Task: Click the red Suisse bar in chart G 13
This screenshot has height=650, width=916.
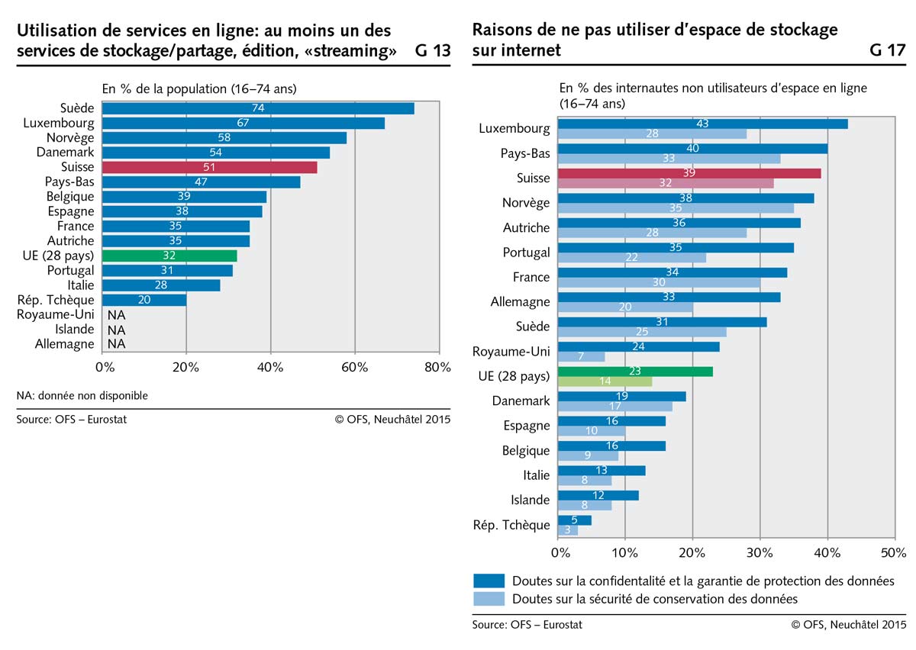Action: click(209, 167)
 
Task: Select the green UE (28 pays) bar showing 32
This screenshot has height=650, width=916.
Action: click(169, 256)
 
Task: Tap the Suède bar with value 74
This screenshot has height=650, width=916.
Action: click(258, 108)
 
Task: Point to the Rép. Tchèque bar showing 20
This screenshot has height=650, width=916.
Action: click(144, 300)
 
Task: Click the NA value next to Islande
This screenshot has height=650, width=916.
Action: click(116, 330)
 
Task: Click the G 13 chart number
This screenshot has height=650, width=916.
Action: click(433, 52)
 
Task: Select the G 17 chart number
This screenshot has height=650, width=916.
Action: click(887, 52)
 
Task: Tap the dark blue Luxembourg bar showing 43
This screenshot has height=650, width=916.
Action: click(702, 124)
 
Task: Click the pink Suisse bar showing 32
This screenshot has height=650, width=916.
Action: click(665, 183)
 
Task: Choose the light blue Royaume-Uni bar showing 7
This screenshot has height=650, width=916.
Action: click(582, 357)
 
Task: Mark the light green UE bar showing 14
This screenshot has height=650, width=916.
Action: click(605, 381)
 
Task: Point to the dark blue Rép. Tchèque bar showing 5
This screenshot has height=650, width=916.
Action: click(575, 520)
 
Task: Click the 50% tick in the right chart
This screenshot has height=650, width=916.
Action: click(893, 552)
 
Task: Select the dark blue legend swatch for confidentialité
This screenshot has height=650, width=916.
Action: click(489, 581)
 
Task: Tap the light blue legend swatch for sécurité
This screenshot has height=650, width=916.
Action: click(489, 599)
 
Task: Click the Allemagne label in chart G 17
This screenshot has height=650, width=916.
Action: click(520, 302)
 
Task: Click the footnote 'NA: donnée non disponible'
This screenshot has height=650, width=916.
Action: click(82, 395)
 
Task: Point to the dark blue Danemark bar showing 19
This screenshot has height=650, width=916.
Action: click(622, 396)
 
